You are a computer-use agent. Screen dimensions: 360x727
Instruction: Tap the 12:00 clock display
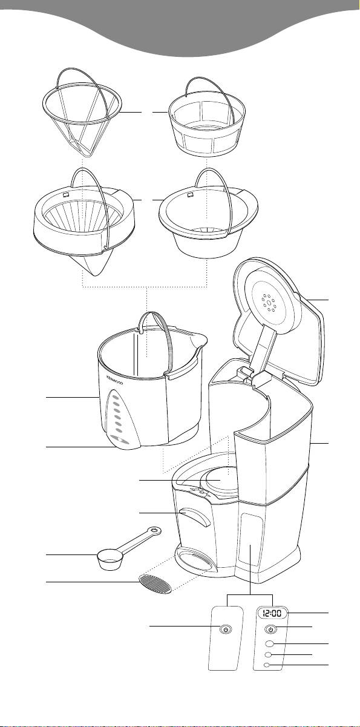272,613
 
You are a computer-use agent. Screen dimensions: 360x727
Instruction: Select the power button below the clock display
272,630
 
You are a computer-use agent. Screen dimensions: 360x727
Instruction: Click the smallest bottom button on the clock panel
267,665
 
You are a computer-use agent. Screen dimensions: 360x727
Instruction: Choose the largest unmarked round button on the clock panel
269,643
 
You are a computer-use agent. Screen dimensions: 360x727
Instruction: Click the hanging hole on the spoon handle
155,530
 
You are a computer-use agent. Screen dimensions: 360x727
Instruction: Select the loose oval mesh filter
155,584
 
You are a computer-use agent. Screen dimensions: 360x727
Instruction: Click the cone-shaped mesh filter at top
82,113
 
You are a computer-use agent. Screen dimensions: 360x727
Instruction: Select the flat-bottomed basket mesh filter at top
206,120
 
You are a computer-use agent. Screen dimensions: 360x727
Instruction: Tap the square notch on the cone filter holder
66,195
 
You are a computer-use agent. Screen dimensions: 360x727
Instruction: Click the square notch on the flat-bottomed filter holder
190,195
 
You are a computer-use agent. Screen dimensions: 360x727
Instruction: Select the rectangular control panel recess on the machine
251,539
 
